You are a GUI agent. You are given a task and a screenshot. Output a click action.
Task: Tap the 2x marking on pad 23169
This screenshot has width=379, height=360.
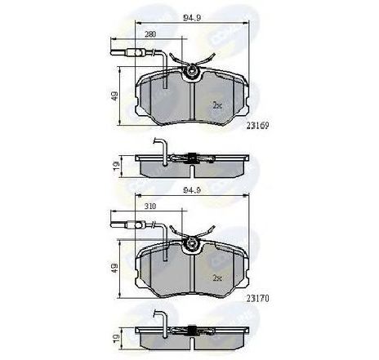pyautogui.click(x=217, y=105)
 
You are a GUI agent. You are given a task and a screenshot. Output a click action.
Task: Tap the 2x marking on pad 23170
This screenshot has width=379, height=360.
pyautogui.click(x=217, y=278)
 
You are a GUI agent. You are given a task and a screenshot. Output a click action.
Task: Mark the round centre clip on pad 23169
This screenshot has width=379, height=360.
pyautogui.click(x=194, y=75)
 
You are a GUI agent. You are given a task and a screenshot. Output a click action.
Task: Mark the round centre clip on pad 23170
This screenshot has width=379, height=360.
pyautogui.click(x=194, y=246)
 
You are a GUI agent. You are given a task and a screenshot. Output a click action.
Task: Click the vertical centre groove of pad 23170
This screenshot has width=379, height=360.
pyautogui.click(x=191, y=274)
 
